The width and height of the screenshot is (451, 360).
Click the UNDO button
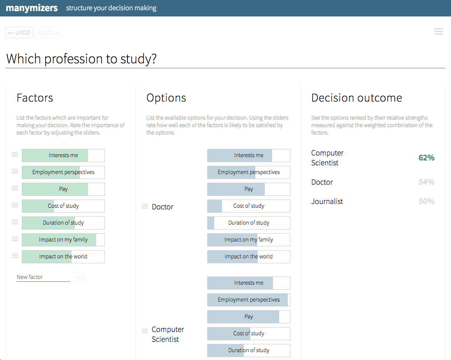tap(19, 33)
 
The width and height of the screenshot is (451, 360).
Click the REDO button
tap(48, 33)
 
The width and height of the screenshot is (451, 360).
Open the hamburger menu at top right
tap(438, 31)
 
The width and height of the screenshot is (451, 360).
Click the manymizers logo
tap(32, 8)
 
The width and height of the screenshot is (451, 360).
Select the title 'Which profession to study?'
tap(81, 59)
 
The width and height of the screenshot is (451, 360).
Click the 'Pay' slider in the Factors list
tap(63, 189)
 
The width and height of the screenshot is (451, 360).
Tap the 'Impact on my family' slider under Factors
tap(63, 240)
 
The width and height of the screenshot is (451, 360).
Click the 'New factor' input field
tap(43, 277)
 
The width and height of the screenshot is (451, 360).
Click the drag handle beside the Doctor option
tap(145, 207)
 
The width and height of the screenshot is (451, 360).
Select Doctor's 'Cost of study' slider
tap(249, 206)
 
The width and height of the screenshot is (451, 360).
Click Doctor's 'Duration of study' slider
tap(249, 223)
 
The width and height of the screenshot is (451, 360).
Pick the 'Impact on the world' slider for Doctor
tap(249, 257)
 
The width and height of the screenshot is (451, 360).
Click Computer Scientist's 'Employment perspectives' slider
tap(249, 300)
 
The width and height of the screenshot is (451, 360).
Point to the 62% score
tap(426, 158)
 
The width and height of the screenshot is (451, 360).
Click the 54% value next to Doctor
tap(426, 182)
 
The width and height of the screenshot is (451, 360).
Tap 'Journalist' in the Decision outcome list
tap(327, 202)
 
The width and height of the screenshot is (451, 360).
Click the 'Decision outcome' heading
tap(356, 98)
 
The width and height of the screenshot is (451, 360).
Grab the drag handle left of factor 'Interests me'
tap(15, 155)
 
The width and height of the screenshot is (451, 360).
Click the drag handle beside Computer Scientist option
tap(145, 331)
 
